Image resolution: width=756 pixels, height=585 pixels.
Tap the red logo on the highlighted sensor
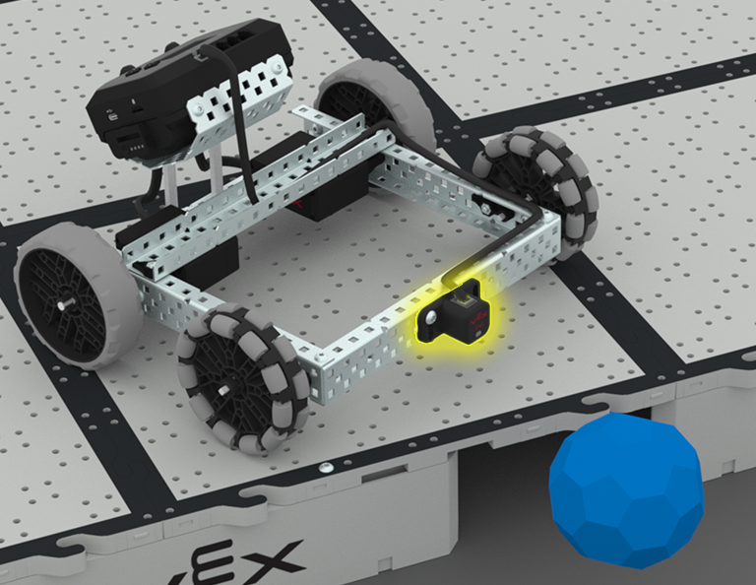pos(476,317)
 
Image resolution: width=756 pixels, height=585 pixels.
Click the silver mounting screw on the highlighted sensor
pos(430,318)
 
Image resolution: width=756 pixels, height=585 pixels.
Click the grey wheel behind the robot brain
pos(369,98)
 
